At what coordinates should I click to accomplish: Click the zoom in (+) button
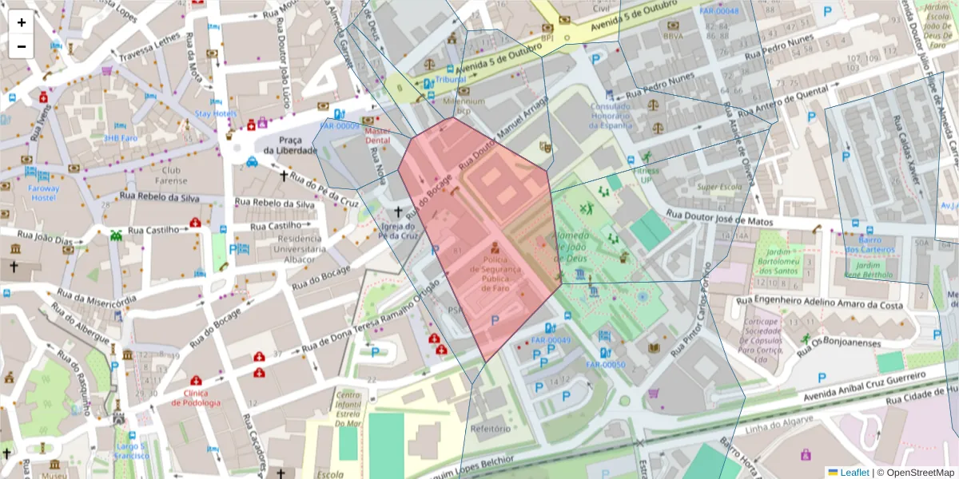click(x=22, y=22)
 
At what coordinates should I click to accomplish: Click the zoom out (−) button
click(x=22, y=46)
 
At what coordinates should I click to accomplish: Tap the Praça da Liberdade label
click(x=281, y=144)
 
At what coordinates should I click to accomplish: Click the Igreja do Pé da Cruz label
click(x=399, y=232)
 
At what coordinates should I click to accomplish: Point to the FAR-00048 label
click(x=718, y=11)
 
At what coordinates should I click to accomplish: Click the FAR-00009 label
click(x=340, y=126)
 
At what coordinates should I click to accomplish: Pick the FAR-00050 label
click(x=605, y=365)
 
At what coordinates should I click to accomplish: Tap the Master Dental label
click(x=376, y=135)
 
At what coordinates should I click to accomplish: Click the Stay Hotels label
click(x=216, y=113)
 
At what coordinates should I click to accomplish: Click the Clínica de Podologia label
click(x=196, y=398)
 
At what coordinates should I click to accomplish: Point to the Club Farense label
click(x=171, y=175)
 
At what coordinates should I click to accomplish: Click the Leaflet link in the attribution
click(x=854, y=473)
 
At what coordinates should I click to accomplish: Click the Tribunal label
click(x=451, y=80)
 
